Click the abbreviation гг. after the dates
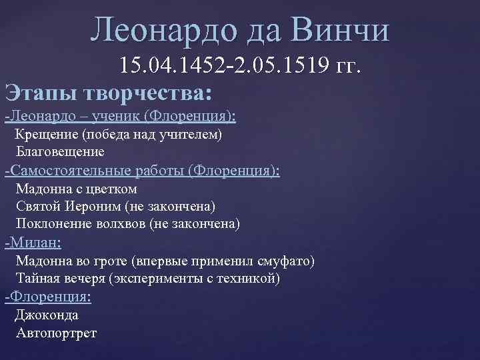[x=346, y=66]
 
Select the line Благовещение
[x=61, y=151]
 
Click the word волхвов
[x=125, y=223]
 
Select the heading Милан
[x=33, y=242]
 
